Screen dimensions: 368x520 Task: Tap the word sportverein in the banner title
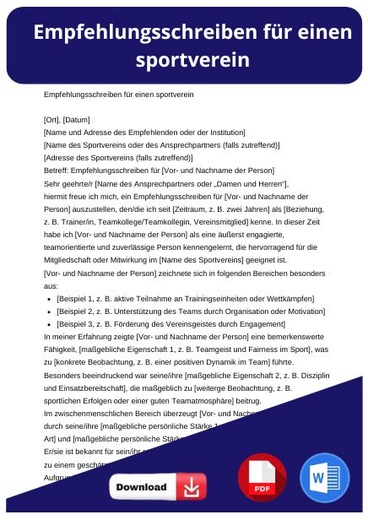click(192, 59)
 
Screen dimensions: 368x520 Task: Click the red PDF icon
click(262, 478)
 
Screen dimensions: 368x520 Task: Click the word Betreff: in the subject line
click(57, 170)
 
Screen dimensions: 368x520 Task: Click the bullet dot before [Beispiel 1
click(49, 299)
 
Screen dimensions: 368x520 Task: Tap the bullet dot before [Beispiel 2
click(49, 311)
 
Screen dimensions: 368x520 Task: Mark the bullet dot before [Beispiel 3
click(49, 324)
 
